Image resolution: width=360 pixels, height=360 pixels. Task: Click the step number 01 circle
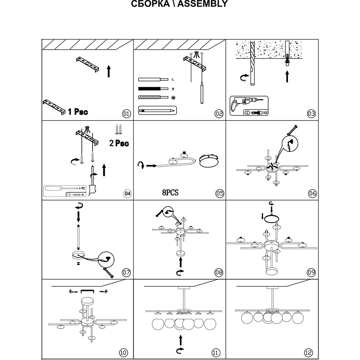[x=126, y=114]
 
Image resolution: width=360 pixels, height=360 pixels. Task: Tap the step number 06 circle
[x=312, y=193]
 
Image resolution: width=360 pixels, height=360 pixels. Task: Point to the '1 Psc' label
[x=78, y=112]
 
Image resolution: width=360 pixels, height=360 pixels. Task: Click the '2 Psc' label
[x=119, y=143]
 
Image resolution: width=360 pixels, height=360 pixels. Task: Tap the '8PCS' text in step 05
[x=170, y=193]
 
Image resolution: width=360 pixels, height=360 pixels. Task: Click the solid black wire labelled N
[x=153, y=89]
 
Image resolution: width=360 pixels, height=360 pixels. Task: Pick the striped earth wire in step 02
[x=153, y=97]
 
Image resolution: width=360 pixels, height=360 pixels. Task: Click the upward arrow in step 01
[x=108, y=71]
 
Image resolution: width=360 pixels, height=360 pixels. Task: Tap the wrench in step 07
[x=107, y=273]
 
